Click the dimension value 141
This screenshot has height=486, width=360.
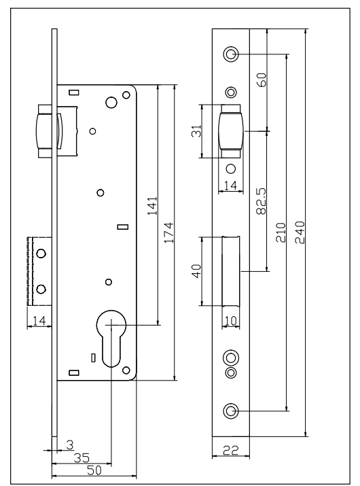point(152,206)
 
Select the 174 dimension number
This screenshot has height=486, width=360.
point(168,232)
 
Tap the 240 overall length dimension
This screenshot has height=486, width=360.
point(300,232)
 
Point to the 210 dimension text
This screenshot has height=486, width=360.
point(281,232)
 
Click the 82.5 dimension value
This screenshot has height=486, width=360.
point(262,201)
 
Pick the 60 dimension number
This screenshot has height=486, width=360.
point(262,80)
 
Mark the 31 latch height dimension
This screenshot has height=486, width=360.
point(197,131)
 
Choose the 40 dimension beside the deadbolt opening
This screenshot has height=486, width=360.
point(197,271)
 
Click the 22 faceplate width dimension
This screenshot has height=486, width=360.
point(231,450)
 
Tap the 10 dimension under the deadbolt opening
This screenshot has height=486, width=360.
point(231,321)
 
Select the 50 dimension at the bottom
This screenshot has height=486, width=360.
point(94,470)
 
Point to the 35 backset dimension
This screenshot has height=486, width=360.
point(82,458)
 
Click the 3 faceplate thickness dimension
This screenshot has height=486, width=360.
point(71,445)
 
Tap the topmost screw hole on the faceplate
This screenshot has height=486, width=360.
point(231,54)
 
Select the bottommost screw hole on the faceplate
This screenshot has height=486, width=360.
point(231,411)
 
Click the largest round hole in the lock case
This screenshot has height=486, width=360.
point(111,102)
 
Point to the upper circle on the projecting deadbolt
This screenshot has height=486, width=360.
point(41,254)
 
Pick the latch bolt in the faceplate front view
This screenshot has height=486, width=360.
point(231,131)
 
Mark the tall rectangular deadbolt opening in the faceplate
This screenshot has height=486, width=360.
point(231,271)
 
